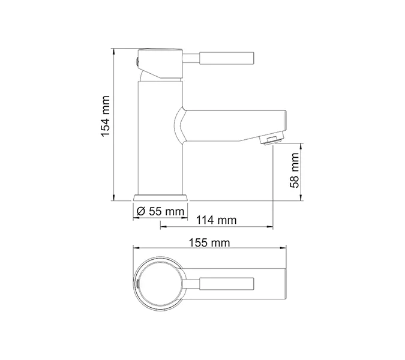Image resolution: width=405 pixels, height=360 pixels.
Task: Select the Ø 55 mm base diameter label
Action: coord(160,211)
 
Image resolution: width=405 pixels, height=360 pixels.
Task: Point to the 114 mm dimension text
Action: coord(217,220)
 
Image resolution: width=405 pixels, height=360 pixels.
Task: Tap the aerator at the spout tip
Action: coord(271,139)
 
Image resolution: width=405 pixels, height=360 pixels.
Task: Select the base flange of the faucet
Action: coord(160,197)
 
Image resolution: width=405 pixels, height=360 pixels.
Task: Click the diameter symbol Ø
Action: coord(139,211)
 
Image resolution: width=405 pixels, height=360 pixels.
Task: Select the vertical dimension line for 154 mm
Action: coord(114,126)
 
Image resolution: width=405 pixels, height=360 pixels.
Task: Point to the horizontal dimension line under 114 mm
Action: coord(217,227)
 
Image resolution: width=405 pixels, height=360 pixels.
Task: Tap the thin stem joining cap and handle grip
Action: coord(190,58)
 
